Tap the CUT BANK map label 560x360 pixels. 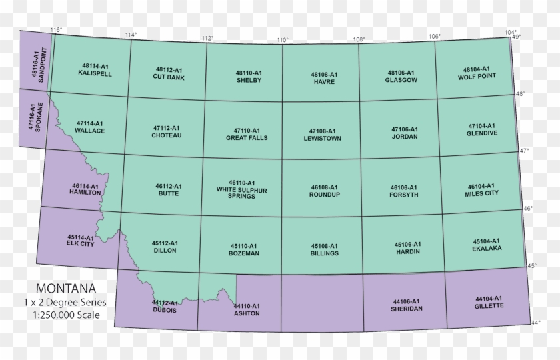click(168, 77)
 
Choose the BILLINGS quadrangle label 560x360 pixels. click(325, 253)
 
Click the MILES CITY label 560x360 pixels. click(482, 194)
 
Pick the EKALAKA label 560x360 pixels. click(486, 247)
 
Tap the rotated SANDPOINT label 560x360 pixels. click(43, 65)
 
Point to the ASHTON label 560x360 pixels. click(246, 313)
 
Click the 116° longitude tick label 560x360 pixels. click(56, 30)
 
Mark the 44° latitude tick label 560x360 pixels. click(535, 323)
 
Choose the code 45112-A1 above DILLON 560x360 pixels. click(164, 243)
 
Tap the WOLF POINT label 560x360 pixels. click(477, 76)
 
